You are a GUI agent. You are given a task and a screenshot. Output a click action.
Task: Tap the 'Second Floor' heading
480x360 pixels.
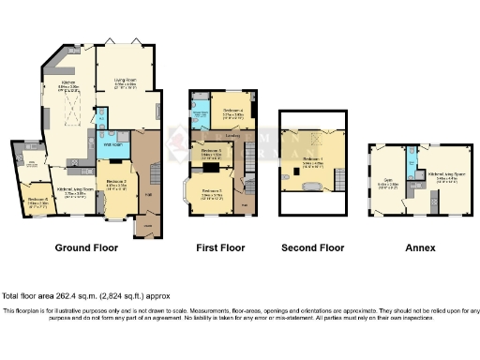[x=313, y=248]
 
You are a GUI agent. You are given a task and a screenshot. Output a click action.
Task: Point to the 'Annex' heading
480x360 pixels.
[x=416, y=248]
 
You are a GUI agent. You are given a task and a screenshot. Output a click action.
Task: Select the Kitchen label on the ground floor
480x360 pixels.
[x=67, y=84]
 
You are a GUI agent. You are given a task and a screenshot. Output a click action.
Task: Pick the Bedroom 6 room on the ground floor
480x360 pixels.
[x=37, y=199]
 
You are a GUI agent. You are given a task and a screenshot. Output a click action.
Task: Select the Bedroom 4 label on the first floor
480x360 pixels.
[x=233, y=112]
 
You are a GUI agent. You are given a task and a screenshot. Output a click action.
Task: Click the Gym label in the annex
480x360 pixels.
[x=386, y=185]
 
